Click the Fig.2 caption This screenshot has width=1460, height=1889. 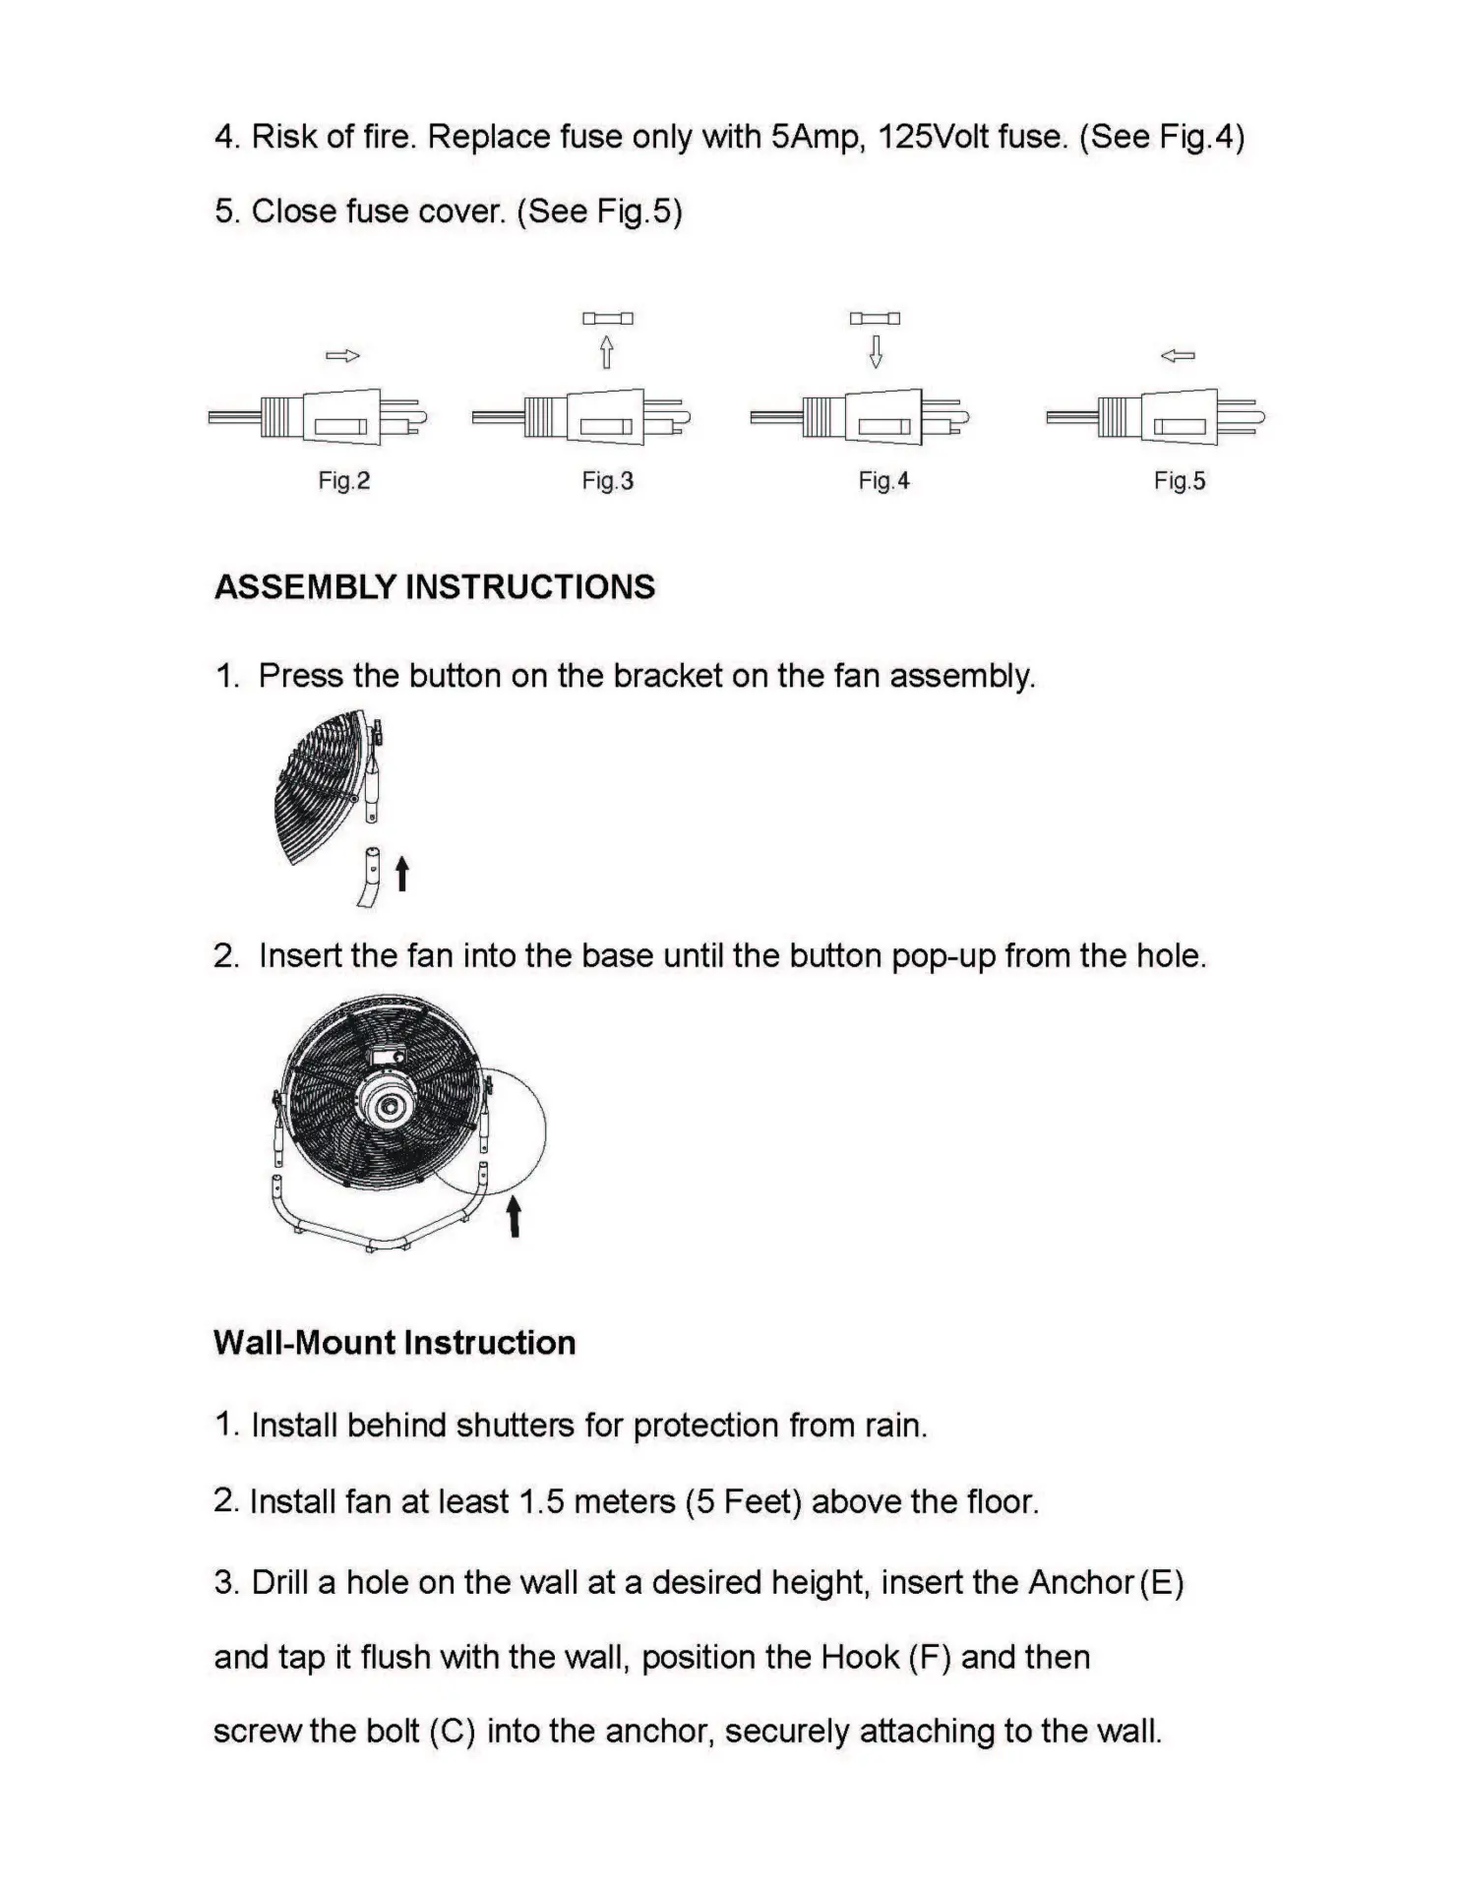point(343,481)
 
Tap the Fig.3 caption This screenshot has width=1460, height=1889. point(607,481)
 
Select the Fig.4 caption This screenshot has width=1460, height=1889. point(883,481)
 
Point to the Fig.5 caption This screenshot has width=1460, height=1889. point(1179,481)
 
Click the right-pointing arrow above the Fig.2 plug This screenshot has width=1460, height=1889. point(342,356)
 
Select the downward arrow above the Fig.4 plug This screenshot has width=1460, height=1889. point(876,351)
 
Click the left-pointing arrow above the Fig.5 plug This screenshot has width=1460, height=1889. point(1178,356)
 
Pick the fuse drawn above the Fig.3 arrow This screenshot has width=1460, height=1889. point(608,319)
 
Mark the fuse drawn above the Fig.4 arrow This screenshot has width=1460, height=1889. point(876,319)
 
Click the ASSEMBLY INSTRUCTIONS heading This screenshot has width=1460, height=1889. point(435,587)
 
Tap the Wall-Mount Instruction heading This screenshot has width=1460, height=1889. point(395,1343)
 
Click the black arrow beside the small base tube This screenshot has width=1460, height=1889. point(401,873)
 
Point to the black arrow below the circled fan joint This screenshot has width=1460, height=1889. point(513,1217)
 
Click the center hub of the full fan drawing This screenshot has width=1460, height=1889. point(391,1107)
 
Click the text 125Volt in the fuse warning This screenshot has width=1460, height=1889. point(934,137)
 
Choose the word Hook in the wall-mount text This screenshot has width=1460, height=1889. point(860,1658)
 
